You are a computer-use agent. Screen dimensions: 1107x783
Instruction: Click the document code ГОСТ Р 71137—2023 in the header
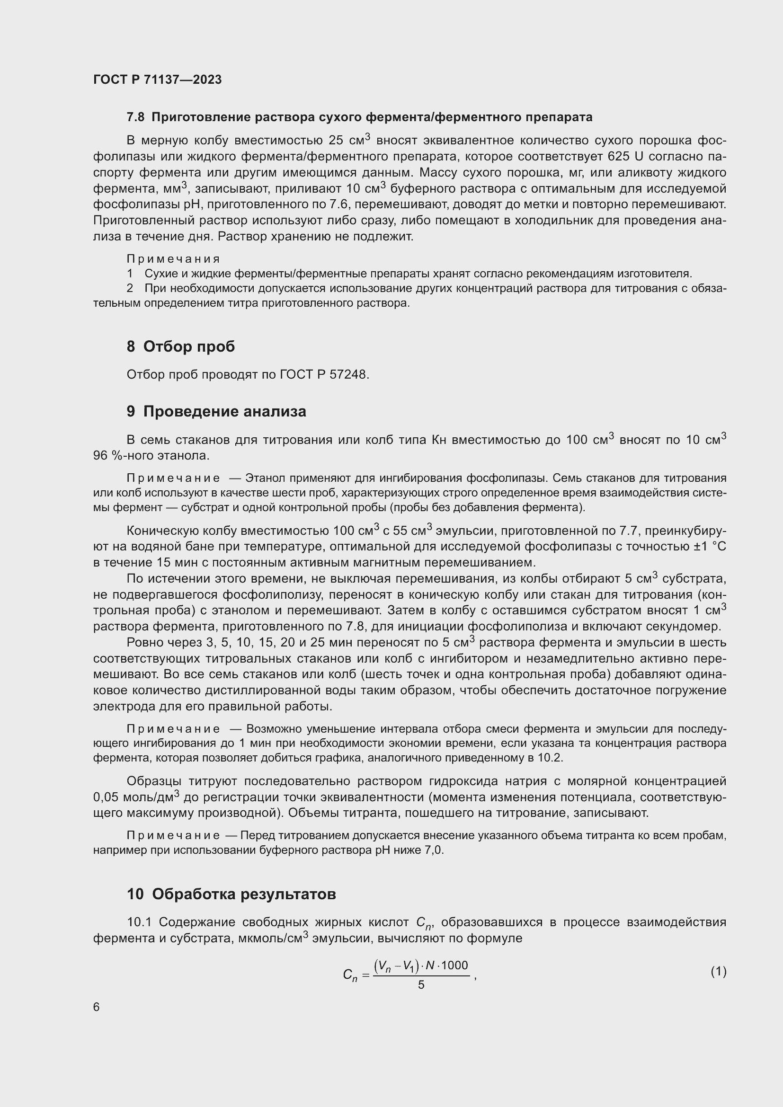coord(157,80)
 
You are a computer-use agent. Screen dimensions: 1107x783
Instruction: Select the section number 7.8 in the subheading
coord(135,117)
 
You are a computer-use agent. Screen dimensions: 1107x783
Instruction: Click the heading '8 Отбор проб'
coord(180,346)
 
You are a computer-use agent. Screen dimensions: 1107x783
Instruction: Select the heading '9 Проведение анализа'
coord(216,411)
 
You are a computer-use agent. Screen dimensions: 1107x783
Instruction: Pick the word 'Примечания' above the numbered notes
coord(173,259)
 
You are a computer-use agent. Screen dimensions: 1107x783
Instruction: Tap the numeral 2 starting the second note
coord(130,288)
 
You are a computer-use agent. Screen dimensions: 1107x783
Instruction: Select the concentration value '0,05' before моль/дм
coord(106,797)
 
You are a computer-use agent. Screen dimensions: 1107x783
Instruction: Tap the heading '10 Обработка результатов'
coord(231,894)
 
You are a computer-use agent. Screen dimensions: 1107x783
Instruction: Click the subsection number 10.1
coord(139,922)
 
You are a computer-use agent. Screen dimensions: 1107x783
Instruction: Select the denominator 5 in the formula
coord(421,984)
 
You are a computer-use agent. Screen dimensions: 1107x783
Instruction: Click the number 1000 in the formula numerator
coord(454,965)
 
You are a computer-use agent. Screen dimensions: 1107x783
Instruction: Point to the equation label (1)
coord(718,972)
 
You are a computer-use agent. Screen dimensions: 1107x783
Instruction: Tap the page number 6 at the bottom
coord(97,1007)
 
